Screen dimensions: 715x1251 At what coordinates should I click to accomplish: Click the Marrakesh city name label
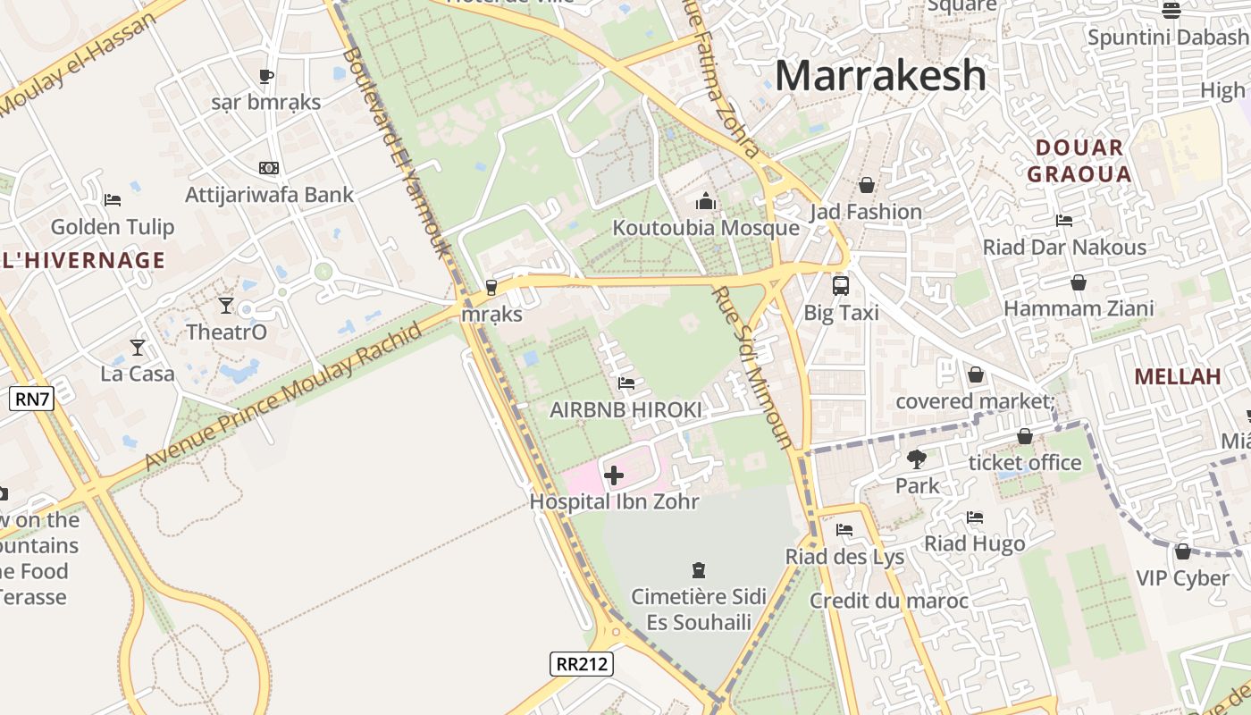pos(880,75)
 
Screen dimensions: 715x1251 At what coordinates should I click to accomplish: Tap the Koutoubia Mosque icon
pos(706,201)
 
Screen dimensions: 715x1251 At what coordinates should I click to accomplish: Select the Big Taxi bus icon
pos(841,286)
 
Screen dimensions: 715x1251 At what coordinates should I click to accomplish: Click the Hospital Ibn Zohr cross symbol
pos(614,475)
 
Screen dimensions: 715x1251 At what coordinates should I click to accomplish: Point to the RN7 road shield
pos(32,399)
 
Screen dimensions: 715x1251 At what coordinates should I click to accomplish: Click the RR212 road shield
pos(581,663)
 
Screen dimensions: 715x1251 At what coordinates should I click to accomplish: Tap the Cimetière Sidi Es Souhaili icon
pos(699,569)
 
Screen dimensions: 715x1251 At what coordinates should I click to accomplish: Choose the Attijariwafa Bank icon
pos(269,168)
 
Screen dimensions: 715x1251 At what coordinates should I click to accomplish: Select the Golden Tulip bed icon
pos(113,199)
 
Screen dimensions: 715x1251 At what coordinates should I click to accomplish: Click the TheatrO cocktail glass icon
pos(226,306)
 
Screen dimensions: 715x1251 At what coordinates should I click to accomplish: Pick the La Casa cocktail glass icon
pos(138,347)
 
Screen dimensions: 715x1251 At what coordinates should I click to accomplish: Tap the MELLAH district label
pos(1178,376)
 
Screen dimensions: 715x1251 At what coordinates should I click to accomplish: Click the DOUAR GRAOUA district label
pos(1079,161)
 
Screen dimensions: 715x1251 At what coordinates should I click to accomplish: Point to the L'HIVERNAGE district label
pos(83,260)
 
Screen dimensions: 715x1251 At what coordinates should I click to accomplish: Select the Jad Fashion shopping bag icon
pos(866,185)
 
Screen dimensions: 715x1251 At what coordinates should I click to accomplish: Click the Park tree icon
pos(916,459)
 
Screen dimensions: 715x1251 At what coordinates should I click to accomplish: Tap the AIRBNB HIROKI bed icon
pos(626,383)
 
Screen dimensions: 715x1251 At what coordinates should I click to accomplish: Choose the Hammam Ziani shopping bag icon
pos(1079,282)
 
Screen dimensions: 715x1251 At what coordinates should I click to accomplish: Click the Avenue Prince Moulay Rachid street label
pos(283,397)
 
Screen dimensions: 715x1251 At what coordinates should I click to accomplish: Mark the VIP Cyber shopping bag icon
pos(1183,551)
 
